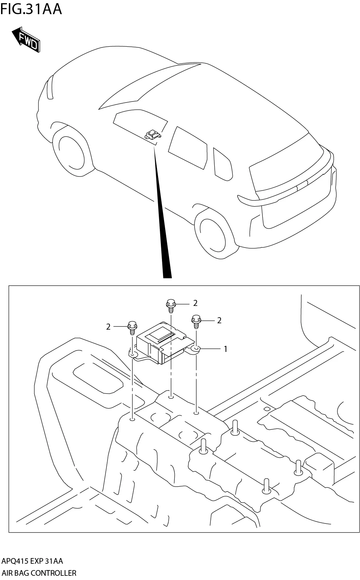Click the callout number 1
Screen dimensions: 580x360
tap(225, 349)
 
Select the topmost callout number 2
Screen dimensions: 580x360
tap(195, 303)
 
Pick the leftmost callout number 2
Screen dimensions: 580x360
tap(109, 327)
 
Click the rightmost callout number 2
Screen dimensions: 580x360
tap(219, 320)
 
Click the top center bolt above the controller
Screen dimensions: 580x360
tap(170, 306)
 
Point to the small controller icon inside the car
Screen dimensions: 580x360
tap(152, 134)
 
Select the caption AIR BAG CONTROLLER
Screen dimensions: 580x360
tap(39, 573)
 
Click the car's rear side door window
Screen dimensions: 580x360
tap(187, 147)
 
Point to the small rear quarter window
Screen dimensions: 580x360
tap(223, 163)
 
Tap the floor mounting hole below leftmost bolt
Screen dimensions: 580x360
tap(133, 419)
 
